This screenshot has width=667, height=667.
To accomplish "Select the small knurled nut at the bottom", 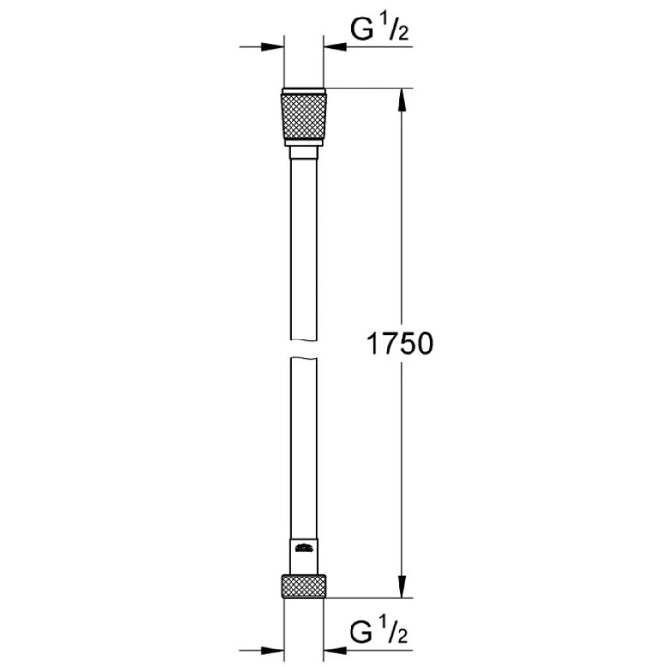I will pyautogui.click(x=304, y=587).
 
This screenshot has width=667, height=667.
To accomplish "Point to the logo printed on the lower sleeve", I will pyautogui.click(x=304, y=548).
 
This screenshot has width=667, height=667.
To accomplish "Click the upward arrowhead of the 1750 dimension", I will pyautogui.click(x=402, y=98).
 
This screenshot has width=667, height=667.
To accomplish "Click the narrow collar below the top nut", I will pyautogui.click(x=304, y=152).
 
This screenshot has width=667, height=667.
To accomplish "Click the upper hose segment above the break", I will pyautogui.click(x=304, y=248).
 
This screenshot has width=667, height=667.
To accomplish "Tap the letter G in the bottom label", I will pyautogui.click(x=363, y=631).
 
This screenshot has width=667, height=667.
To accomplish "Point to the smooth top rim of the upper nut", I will pyautogui.click(x=304, y=91).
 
